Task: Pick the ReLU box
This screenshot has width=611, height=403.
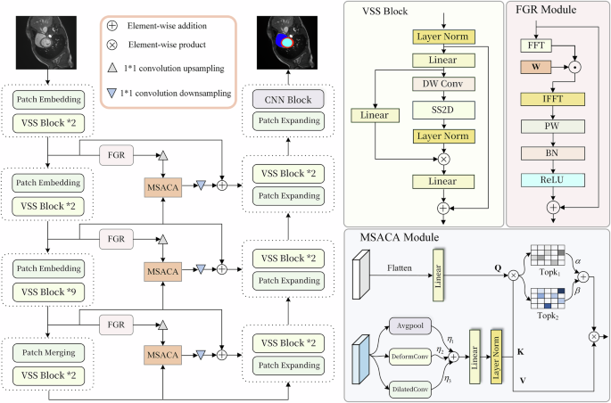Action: [552, 181]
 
